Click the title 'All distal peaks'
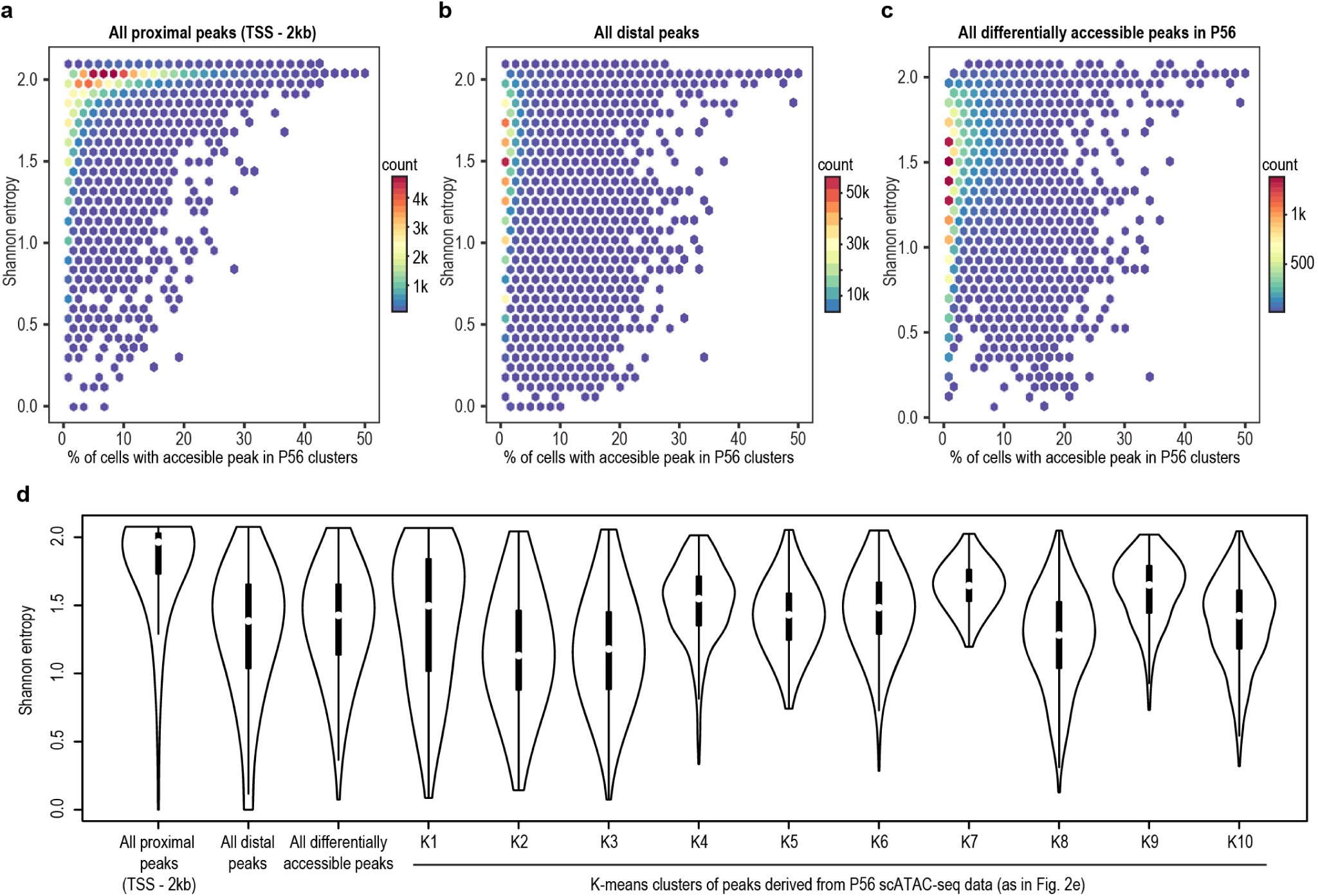tap(646, 33)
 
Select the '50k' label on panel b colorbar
tap(857, 192)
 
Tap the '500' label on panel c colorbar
tap(1301, 263)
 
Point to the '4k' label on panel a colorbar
tap(420, 199)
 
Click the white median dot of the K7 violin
tap(969, 586)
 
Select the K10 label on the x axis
tap(1239, 841)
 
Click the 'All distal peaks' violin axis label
tap(248, 852)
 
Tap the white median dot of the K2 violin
tap(518, 655)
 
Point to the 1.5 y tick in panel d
tap(57, 605)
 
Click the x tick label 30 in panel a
tap(244, 439)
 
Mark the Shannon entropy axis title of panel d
tap(25, 660)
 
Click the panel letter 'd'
tap(23, 494)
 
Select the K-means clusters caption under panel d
tap(837, 884)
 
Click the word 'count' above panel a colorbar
tap(399, 165)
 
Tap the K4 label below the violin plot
tap(699, 841)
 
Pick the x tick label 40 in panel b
tap(738, 439)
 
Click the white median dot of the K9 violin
tap(1149, 585)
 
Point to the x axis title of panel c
tap(1094, 458)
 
